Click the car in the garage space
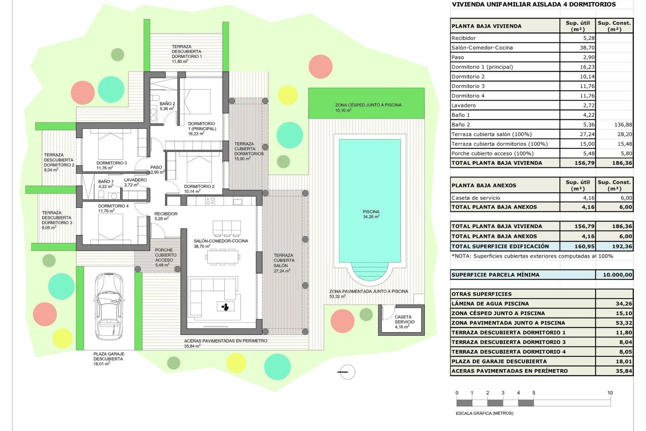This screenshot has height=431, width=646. (108, 306)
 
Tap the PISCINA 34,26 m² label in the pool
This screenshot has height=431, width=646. (371, 214)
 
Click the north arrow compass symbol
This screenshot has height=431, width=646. (346, 372)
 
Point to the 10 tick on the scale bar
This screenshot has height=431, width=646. (610, 393)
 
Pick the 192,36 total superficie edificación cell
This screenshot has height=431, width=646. (614, 246)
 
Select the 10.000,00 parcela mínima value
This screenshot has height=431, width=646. (614, 275)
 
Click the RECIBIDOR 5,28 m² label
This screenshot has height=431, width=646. (166, 216)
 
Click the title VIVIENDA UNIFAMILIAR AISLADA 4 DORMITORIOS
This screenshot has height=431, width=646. (534, 4)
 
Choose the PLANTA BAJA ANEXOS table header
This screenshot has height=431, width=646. (483, 186)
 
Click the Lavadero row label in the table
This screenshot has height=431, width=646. (464, 105)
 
